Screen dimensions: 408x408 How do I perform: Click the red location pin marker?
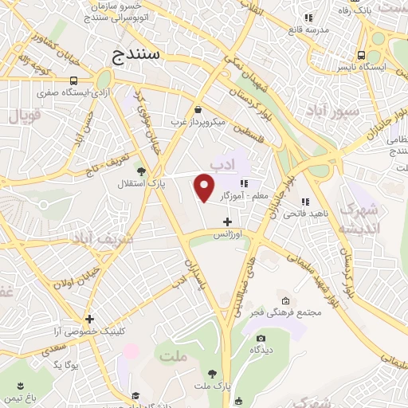coord(205,188)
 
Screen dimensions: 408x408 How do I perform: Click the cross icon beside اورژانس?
coord(228,222)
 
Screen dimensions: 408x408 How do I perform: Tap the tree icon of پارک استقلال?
coord(141,171)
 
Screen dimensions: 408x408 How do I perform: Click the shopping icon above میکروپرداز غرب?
coord(198,110)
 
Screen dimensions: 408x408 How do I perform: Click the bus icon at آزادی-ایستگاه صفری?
coord(73,80)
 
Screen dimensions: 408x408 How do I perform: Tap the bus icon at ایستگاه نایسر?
coord(363,56)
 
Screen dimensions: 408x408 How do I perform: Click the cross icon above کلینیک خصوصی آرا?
coord(90,319)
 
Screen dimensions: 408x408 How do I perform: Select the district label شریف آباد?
coord(83,237)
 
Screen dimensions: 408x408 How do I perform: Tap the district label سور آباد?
coord(337,111)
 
